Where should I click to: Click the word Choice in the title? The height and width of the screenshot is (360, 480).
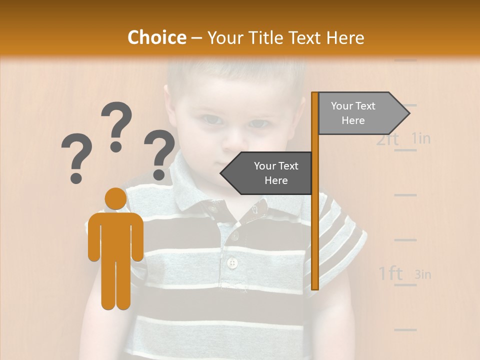point(156,37)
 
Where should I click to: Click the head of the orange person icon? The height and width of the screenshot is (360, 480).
point(115,199)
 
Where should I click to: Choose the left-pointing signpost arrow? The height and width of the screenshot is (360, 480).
point(267,173)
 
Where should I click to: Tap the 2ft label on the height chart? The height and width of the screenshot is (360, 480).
point(388,139)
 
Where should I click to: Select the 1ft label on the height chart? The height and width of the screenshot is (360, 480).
point(390,273)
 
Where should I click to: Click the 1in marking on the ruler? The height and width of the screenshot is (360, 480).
point(421,138)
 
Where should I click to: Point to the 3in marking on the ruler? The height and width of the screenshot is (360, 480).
point(422,274)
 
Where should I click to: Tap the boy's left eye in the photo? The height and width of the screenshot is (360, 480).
point(258,122)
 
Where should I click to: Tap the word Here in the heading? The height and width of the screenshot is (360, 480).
point(345,37)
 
